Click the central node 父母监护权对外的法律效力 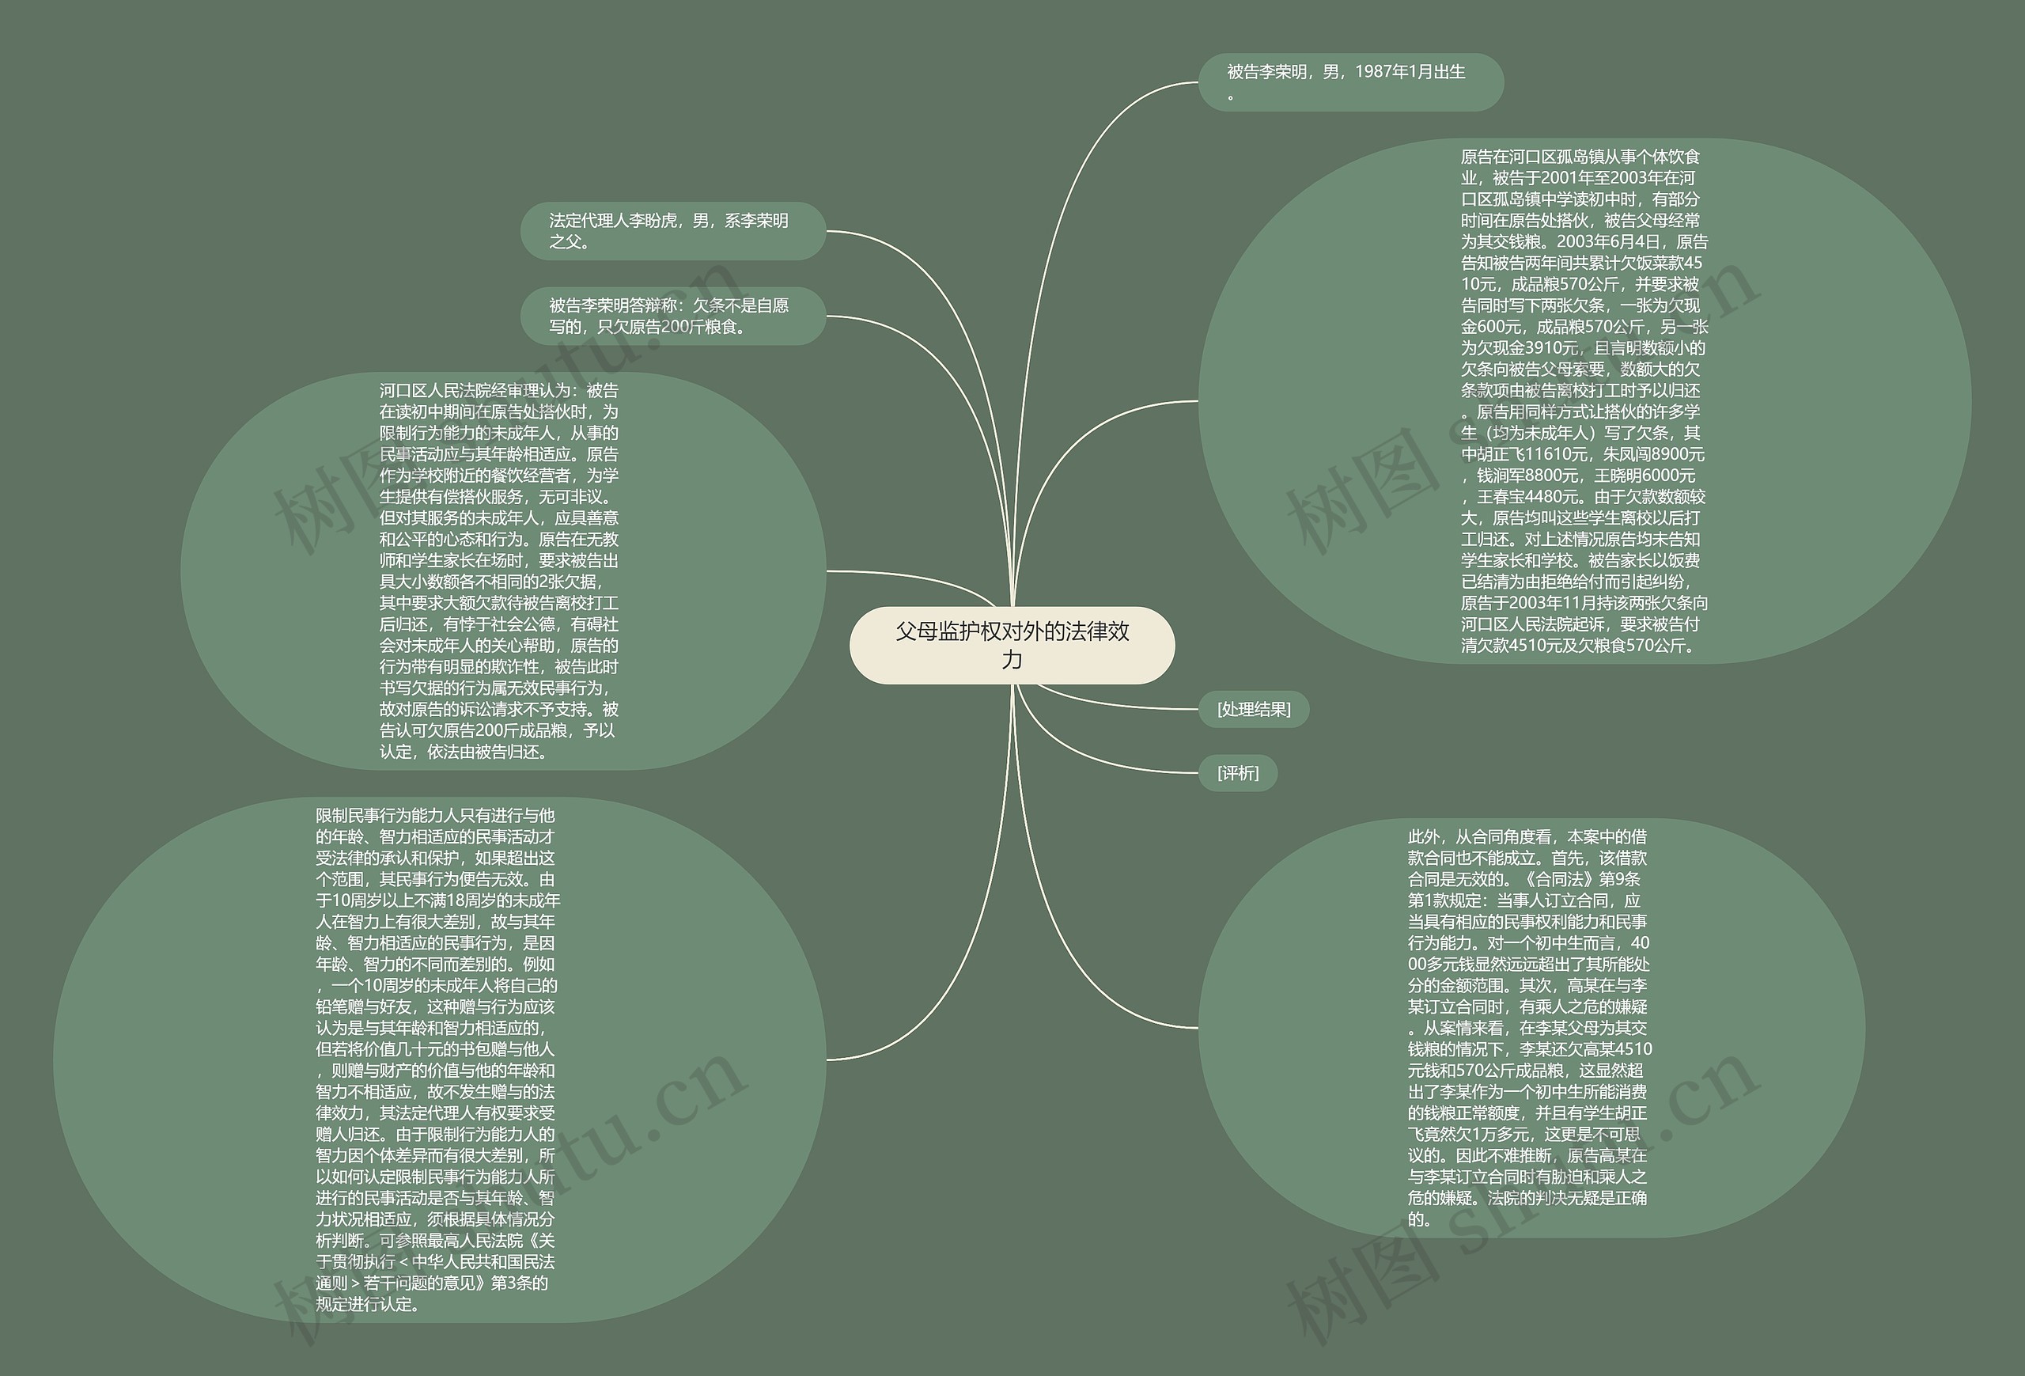tap(1012, 645)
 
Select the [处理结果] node tap(1253, 709)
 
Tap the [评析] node tap(1237, 773)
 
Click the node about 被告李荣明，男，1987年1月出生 tap(1349, 82)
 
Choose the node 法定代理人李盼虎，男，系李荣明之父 tap(672, 231)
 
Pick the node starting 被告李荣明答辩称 tap(672, 316)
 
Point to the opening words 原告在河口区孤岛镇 tap(1525, 157)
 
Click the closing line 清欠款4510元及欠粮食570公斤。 tap(1578, 646)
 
